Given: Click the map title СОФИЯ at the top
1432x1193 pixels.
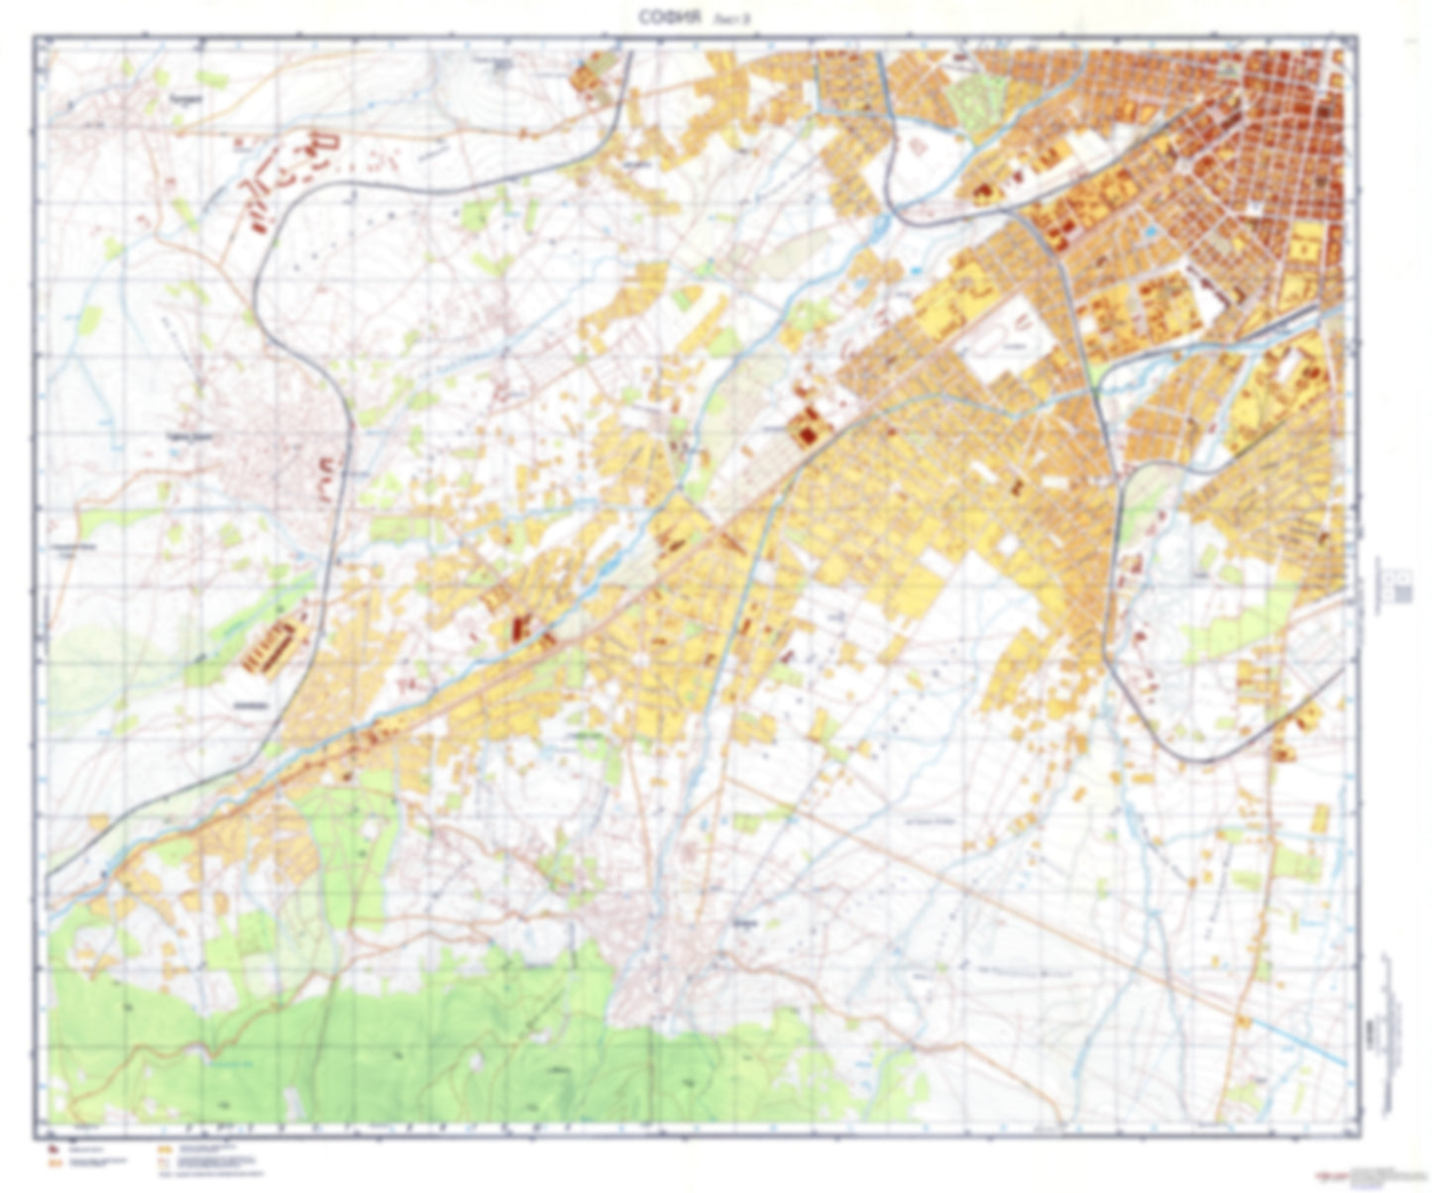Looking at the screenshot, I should click(671, 17).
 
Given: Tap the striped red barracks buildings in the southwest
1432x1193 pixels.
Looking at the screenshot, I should click(271, 645).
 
